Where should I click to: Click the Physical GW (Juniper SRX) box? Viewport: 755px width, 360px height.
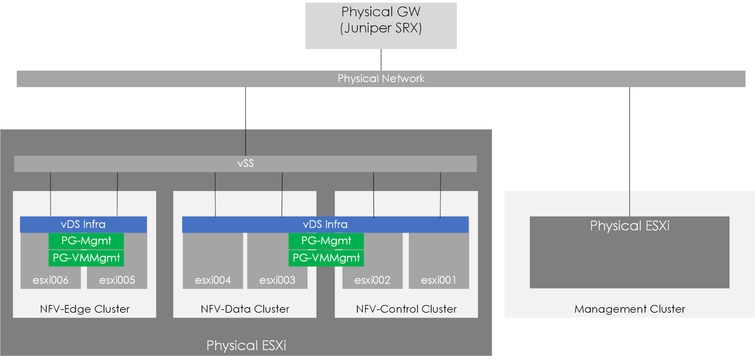click(x=381, y=25)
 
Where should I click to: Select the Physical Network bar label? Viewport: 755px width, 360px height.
click(x=381, y=79)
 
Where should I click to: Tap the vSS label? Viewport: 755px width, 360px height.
click(x=245, y=164)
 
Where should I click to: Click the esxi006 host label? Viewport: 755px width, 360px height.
click(x=51, y=280)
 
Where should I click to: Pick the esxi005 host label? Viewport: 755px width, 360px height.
click(x=117, y=280)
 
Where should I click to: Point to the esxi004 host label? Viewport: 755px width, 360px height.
click(x=213, y=280)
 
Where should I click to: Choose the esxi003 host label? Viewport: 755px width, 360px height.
click(x=277, y=280)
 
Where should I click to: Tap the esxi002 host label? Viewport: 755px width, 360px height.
click(x=372, y=280)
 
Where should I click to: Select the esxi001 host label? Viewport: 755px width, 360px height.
click(x=438, y=280)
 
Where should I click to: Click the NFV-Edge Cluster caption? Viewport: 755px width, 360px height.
click(x=85, y=309)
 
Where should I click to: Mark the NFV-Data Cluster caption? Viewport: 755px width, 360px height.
click(x=245, y=309)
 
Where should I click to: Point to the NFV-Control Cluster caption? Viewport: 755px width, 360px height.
click(x=406, y=309)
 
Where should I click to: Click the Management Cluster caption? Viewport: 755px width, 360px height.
click(x=630, y=309)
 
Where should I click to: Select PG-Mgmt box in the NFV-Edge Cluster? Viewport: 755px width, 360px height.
click(x=86, y=241)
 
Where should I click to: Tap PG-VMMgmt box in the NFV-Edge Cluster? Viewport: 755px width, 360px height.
click(x=86, y=258)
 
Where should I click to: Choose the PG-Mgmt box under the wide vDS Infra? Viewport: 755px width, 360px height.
click(x=326, y=241)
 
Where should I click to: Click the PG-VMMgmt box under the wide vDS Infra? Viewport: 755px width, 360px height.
click(x=326, y=258)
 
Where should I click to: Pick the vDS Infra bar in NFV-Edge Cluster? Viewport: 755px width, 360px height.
click(x=83, y=224)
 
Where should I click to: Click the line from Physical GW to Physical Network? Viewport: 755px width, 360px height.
click(x=381, y=60)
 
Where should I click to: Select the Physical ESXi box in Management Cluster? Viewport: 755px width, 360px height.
click(x=630, y=252)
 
